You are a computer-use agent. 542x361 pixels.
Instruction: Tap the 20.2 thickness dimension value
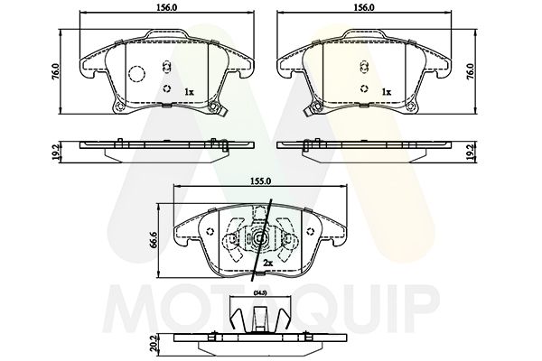[x=155, y=343]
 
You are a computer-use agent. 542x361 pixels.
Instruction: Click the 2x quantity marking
[x=267, y=263]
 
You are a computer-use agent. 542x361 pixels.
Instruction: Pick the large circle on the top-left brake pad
[x=136, y=77]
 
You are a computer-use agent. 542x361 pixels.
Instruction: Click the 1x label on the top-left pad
[x=188, y=92]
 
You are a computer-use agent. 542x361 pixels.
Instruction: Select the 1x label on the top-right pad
[x=386, y=92]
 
